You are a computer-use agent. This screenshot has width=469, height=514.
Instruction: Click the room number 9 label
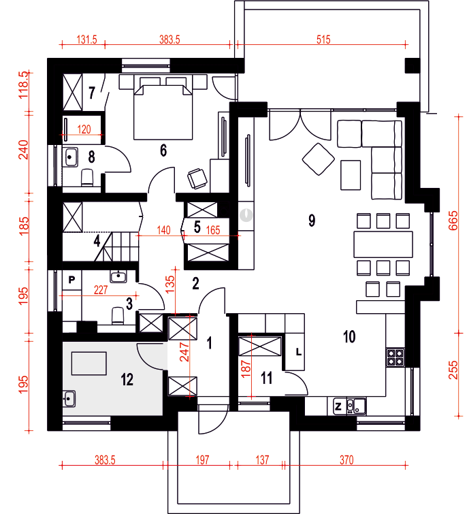point(312,221)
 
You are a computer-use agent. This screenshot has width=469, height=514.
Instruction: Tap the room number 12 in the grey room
point(127,380)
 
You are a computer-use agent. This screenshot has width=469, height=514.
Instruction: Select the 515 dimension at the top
point(323,39)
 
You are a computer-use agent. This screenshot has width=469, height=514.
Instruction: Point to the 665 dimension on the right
point(453,221)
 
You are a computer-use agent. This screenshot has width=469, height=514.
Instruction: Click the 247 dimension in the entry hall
point(184,352)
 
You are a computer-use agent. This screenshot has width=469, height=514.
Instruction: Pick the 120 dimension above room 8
point(84,129)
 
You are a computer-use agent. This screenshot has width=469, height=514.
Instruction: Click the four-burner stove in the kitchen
point(395,357)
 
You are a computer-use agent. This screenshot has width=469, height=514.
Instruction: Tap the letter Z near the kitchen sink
point(338,407)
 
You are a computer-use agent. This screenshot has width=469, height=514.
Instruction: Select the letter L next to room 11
point(298,353)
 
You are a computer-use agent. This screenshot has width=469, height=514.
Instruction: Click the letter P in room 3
point(71,280)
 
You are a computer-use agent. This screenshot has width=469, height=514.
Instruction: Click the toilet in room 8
point(87,177)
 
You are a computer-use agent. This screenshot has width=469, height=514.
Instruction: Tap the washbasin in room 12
point(69,399)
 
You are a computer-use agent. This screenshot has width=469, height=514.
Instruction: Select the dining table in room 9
point(383,244)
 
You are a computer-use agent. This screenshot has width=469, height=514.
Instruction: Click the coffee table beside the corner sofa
point(351,175)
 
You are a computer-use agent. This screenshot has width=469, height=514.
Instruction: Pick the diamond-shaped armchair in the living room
point(319,159)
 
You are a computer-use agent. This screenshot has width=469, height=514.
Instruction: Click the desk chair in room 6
point(197,178)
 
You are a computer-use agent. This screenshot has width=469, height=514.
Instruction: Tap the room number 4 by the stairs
point(97,241)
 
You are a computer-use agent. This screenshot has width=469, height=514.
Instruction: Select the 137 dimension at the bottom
point(262,460)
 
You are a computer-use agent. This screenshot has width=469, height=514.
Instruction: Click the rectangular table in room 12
point(88,364)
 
